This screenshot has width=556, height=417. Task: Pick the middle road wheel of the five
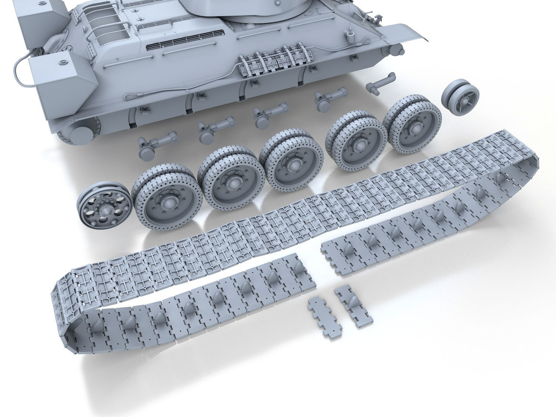289,163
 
